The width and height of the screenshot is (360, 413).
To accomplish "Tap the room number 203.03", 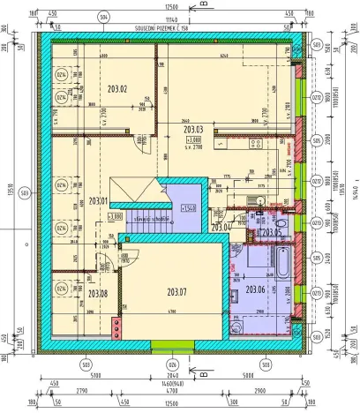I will tap(193, 130).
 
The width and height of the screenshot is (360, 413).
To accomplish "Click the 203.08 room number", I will tap(97, 293).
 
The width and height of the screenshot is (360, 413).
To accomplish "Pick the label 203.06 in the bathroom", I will tap(255, 289).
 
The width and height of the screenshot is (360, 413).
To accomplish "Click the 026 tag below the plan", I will tap(173, 363).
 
